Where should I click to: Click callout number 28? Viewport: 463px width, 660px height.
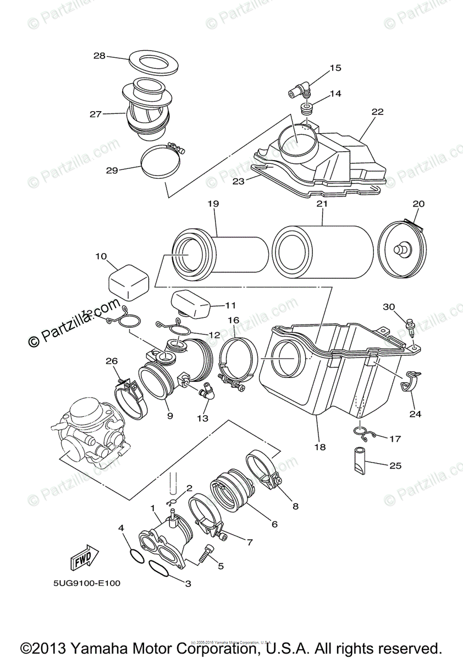click(x=99, y=56)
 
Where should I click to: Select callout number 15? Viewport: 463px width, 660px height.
click(x=335, y=68)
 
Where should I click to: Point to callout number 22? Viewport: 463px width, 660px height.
click(x=377, y=112)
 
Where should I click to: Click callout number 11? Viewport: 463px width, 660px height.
click(x=230, y=305)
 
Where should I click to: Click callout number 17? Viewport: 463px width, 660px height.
click(x=395, y=439)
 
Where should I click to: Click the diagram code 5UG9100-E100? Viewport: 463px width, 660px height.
click(x=89, y=583)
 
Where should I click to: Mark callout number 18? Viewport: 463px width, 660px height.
click(x=319, y=447)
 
